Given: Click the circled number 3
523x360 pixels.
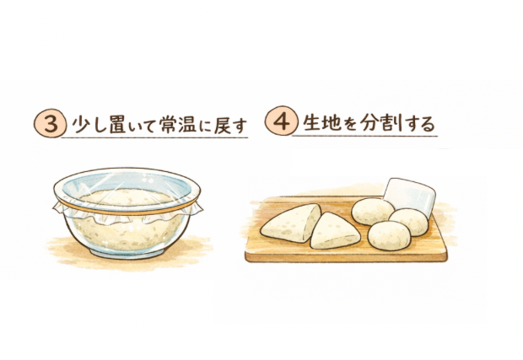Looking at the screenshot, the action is pyautogui.click(x=49, y=124).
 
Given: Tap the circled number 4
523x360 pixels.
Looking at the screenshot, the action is pyautogui.click(x=281, y=121).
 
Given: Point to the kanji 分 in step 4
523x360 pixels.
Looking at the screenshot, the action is pyautogui.click(x=370, y=122).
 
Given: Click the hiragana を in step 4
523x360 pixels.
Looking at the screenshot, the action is pyautogui.click(x=350, y=123).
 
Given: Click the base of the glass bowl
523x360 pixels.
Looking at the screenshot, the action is pyautogui.click(x=127, y=254).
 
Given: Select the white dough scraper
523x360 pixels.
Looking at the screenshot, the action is pyautogui.click(x=410, y=195).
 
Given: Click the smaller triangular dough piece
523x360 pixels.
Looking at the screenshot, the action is pyautogui.click(x=335, y=231).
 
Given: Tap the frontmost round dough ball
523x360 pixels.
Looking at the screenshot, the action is pyautogui.click(x=389, y=235).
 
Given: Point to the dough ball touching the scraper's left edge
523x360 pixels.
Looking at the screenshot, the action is pyautogui.click(x=373, y=212).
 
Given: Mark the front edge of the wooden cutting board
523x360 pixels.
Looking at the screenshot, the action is pyautogui.click(x=346, y=257).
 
